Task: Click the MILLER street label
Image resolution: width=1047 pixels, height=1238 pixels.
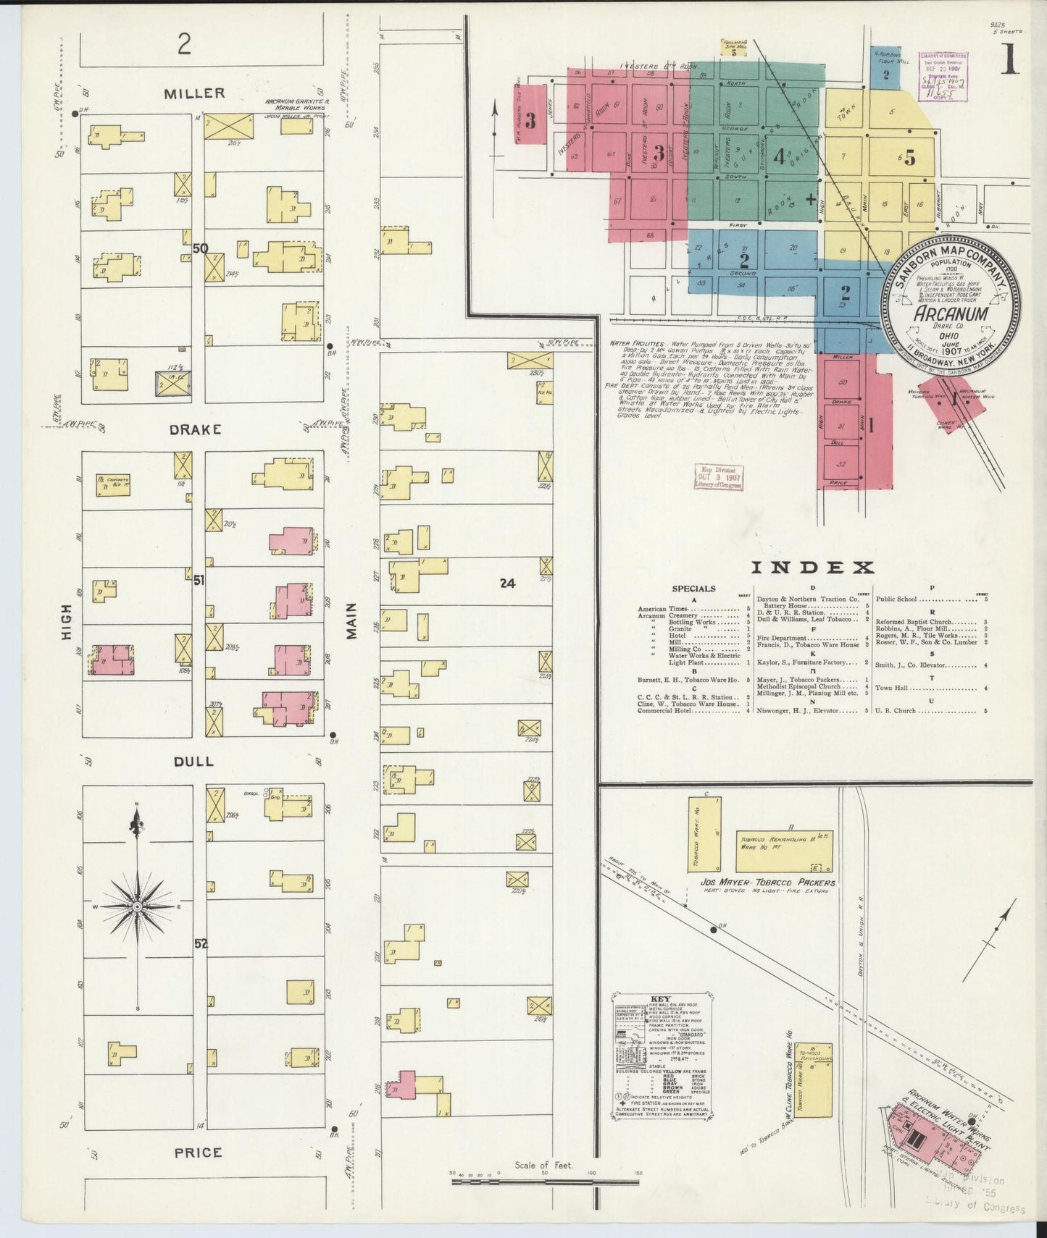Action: (x=194, y=93)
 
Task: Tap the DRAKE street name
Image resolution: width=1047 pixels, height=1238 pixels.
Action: (x=195, y=429)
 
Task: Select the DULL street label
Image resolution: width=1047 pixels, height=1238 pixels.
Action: (x=193, y=761)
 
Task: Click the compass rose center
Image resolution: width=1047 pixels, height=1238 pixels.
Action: (x=137, y=906)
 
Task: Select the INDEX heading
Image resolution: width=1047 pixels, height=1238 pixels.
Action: (x=812, y=568)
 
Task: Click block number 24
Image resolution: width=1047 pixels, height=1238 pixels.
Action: (x=507, y=581)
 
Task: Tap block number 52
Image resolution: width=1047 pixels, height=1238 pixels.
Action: (x=201, y=944)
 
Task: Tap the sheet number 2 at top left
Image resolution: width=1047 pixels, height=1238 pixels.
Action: (x=184, y=46)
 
